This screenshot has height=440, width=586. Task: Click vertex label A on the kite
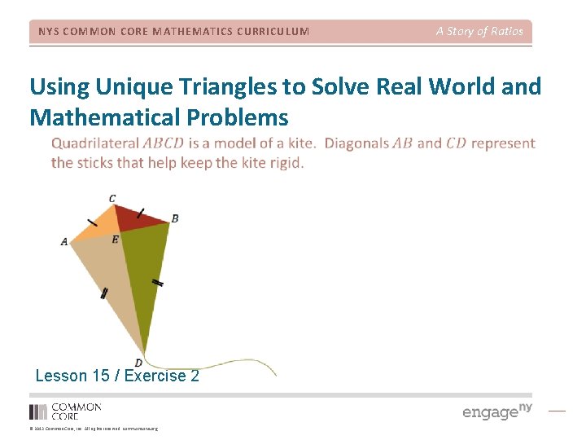click(64, 241)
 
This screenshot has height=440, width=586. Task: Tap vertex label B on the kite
click(175, 218)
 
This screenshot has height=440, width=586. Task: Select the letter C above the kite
click(112, 198)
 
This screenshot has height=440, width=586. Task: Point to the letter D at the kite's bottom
click(138, 363)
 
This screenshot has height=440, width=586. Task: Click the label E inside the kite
click(115, 240)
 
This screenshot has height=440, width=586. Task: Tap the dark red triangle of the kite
click(140, 218)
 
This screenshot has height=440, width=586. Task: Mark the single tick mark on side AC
click(91, 221)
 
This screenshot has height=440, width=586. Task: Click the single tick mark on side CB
click(141, 213)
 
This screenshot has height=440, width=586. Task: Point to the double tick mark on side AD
click(103, 294)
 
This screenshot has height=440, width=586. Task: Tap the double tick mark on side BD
click(158, 283)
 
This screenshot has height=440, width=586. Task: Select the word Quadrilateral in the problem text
click(94, 143)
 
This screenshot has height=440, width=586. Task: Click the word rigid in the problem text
click(285, 162)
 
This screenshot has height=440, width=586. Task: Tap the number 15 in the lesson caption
click(100, 376)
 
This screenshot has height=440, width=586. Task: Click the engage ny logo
click(496, 411)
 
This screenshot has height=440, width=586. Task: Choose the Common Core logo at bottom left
click(65, 411)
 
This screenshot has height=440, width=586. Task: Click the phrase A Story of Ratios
click(479, 31)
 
